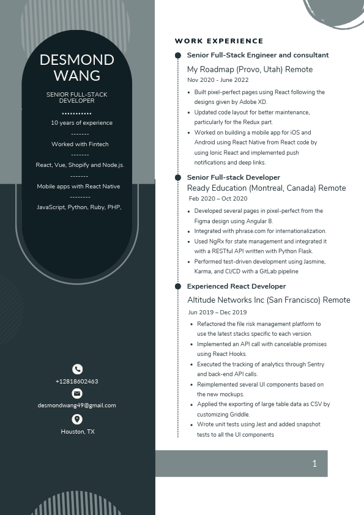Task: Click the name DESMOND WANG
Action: (x=76, y=67)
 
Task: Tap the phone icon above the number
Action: (x=77, y=369)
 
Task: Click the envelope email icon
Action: (x=77, y=393)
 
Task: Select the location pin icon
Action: (x=77, y=419)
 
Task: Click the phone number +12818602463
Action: (x=77, y=382)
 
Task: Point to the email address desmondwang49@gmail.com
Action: (x=77, y=406)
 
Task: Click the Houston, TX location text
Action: (x=78, y=432)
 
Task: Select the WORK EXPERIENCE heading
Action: (x=219, y=41)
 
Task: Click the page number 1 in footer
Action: (x=314, y=464)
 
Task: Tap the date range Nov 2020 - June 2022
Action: (x=218, y=80)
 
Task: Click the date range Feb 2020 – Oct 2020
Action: (x=218, y=199)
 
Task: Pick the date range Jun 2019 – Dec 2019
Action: (x=217, y=312)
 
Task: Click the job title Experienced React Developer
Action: (x=236, y=286)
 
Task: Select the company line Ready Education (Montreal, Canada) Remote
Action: (x=266, y=188)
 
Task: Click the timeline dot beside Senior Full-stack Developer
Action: (x=178, y=177)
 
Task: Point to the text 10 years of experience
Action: (x=81, y=123)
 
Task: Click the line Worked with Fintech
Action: (x=80, y=144)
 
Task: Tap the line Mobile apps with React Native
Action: (x=78, y=187)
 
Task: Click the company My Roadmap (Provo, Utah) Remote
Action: (x=250, y=70)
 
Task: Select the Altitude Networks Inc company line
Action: (x=269, y=300)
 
